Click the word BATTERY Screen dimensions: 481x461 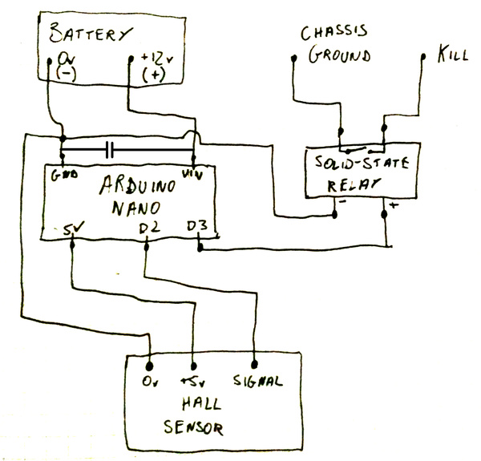click(x=91, y=33)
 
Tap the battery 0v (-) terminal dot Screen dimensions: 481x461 click(x=49, y=61)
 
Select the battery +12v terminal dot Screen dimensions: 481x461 click(x=131, y=59)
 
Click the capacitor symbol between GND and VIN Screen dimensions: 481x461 click(x=110, y=150)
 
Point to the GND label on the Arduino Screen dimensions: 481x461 click(x=65, y=175)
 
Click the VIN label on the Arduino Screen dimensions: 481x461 click(x=192, y=175)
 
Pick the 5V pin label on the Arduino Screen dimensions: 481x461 click(x=73, y=229)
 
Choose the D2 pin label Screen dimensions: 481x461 click(x=149, y=228)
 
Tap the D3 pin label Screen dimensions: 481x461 click(x=197, y=226)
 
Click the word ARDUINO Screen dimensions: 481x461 click(x=138, y=186)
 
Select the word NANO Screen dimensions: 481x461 click(x=136, y=208)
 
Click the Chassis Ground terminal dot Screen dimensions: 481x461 click(x=294, y=58)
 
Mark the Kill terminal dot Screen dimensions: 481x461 click(x=423, y=57)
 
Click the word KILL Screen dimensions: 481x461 click(x=452, y=54)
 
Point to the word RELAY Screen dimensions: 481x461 click(x=353, y=184)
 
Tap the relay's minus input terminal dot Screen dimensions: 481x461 click(x=334, y=214)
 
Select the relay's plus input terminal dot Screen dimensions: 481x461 click(x=384, y=214)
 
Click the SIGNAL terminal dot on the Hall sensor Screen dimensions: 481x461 click(x=254, y=364)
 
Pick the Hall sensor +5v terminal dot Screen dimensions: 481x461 click(x=193, y=366)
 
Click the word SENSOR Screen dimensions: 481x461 click(x=193, y=427)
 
